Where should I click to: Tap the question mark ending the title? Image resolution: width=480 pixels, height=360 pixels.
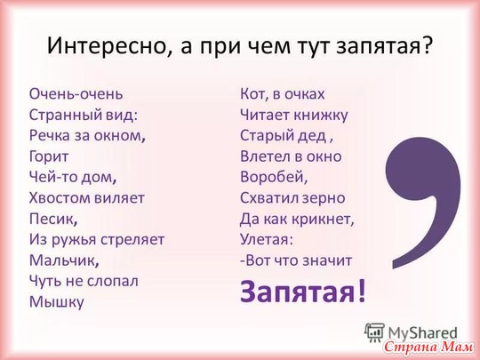point(427,45)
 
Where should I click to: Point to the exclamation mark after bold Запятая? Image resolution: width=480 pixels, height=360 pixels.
point(362,291)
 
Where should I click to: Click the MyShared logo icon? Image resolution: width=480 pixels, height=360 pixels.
point(374,332)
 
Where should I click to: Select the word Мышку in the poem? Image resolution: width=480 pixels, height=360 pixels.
point(57,302)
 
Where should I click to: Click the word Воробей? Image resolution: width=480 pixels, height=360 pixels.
point(274,177)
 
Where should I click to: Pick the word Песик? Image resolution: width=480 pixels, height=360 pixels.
point(52,220)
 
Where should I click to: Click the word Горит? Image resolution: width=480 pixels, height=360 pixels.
point(49,157)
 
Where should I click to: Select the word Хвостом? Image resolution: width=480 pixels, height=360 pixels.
point(60,198)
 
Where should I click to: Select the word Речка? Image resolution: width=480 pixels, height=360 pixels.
point(50,136)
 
